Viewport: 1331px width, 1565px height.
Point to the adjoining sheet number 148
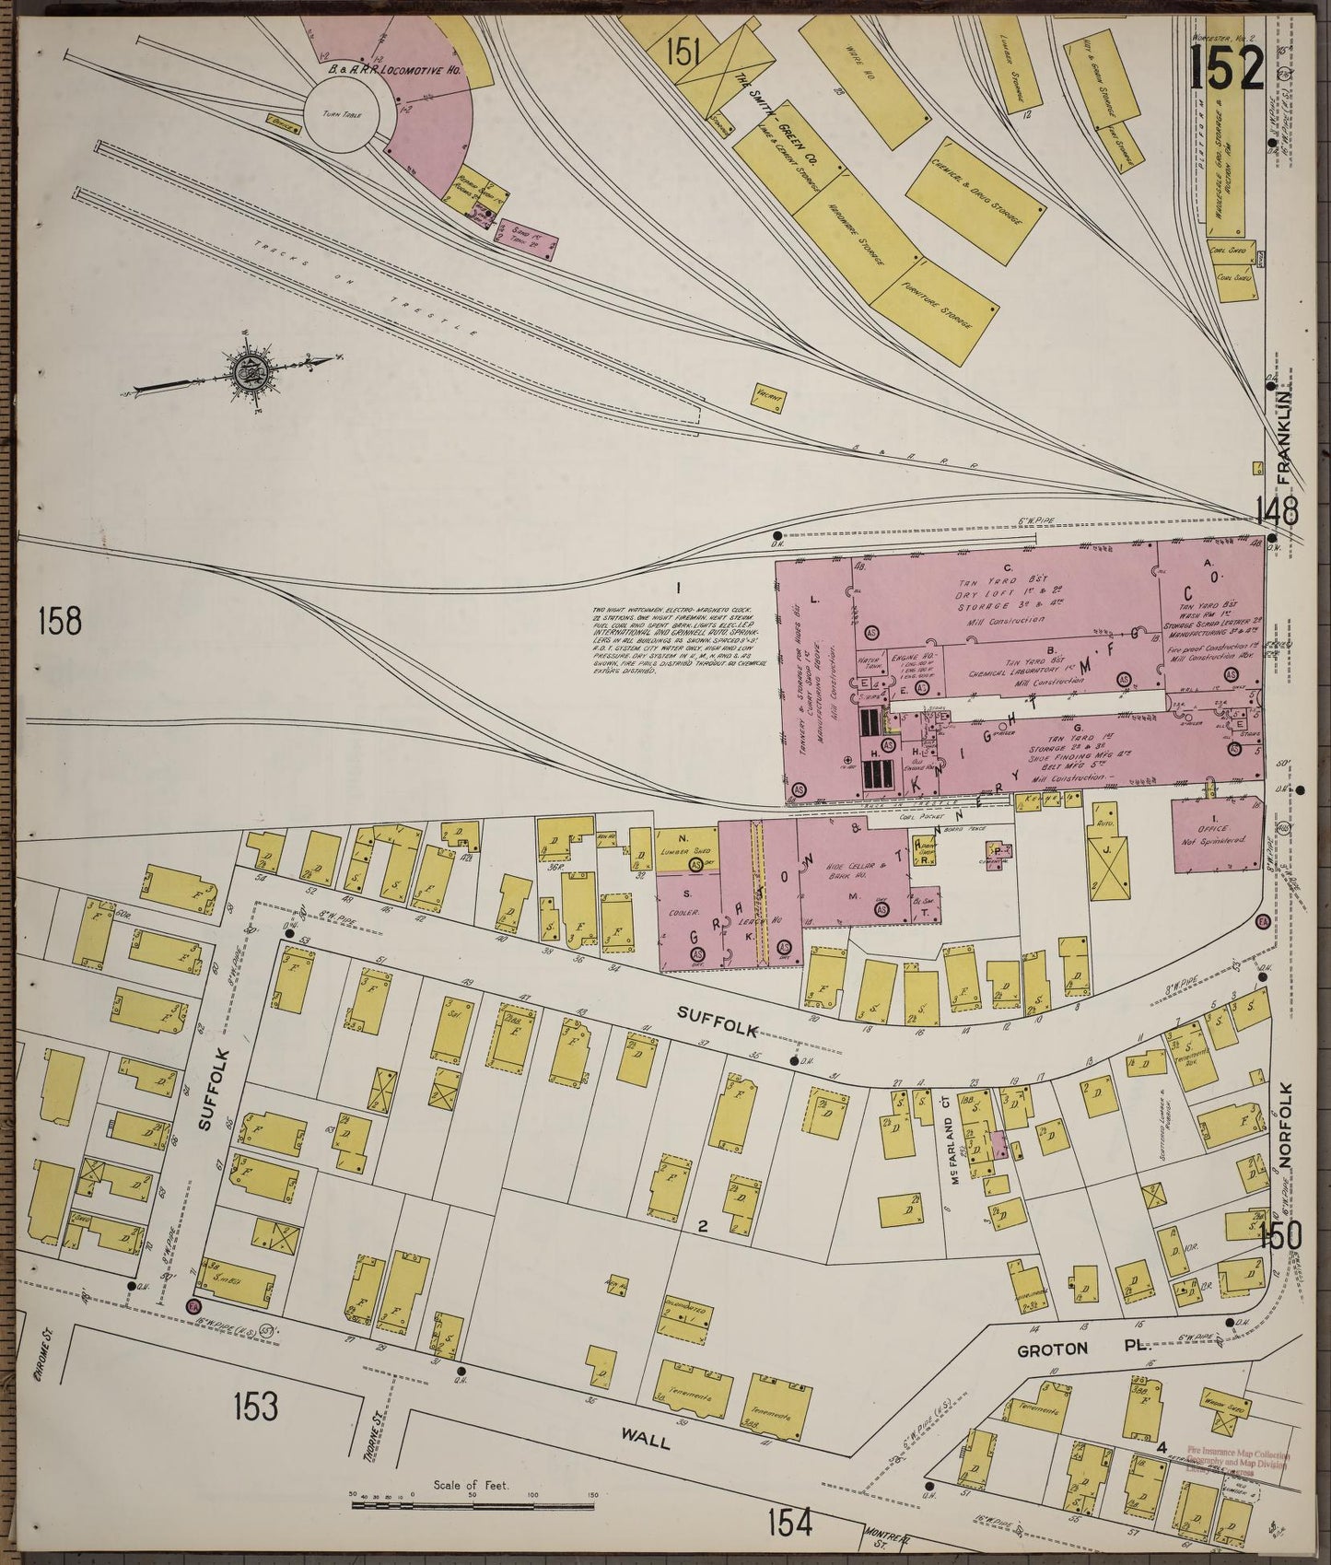[x=1276, y=508]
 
